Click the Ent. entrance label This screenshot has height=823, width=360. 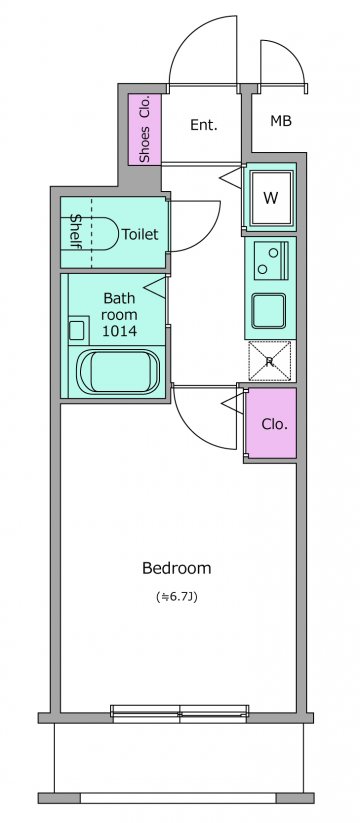pyautogui.click(x=204, y=125)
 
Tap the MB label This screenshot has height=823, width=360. pyautogui.click(x=280, y=121)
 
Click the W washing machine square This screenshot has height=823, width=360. pyautogui.click(x=270, y=197)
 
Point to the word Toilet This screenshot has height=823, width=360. pyautogui.click(x=140, y=234)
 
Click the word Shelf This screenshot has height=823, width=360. pyautogui.click(x=76, y=233)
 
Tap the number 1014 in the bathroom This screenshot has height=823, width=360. pyautogui.click(x=120, y=331)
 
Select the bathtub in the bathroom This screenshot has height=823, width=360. pyautogui.click(x=119, y=371)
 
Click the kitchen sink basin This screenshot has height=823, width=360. pyautogui.click(x=268, y=310)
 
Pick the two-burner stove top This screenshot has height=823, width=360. pyautogui.click(x=271, y=260)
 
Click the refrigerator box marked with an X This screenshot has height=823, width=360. pyautogui.click(x=269, y=361)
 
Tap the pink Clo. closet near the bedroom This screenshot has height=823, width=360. pyautogui.click(x=271, y=423)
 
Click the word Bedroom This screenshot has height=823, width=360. pyautogui.click(x=177, y=568)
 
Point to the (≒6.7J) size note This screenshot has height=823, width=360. pyautogui.click(x=177, y=597)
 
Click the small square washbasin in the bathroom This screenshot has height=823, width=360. pyautogui.click(x=77, y=330)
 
